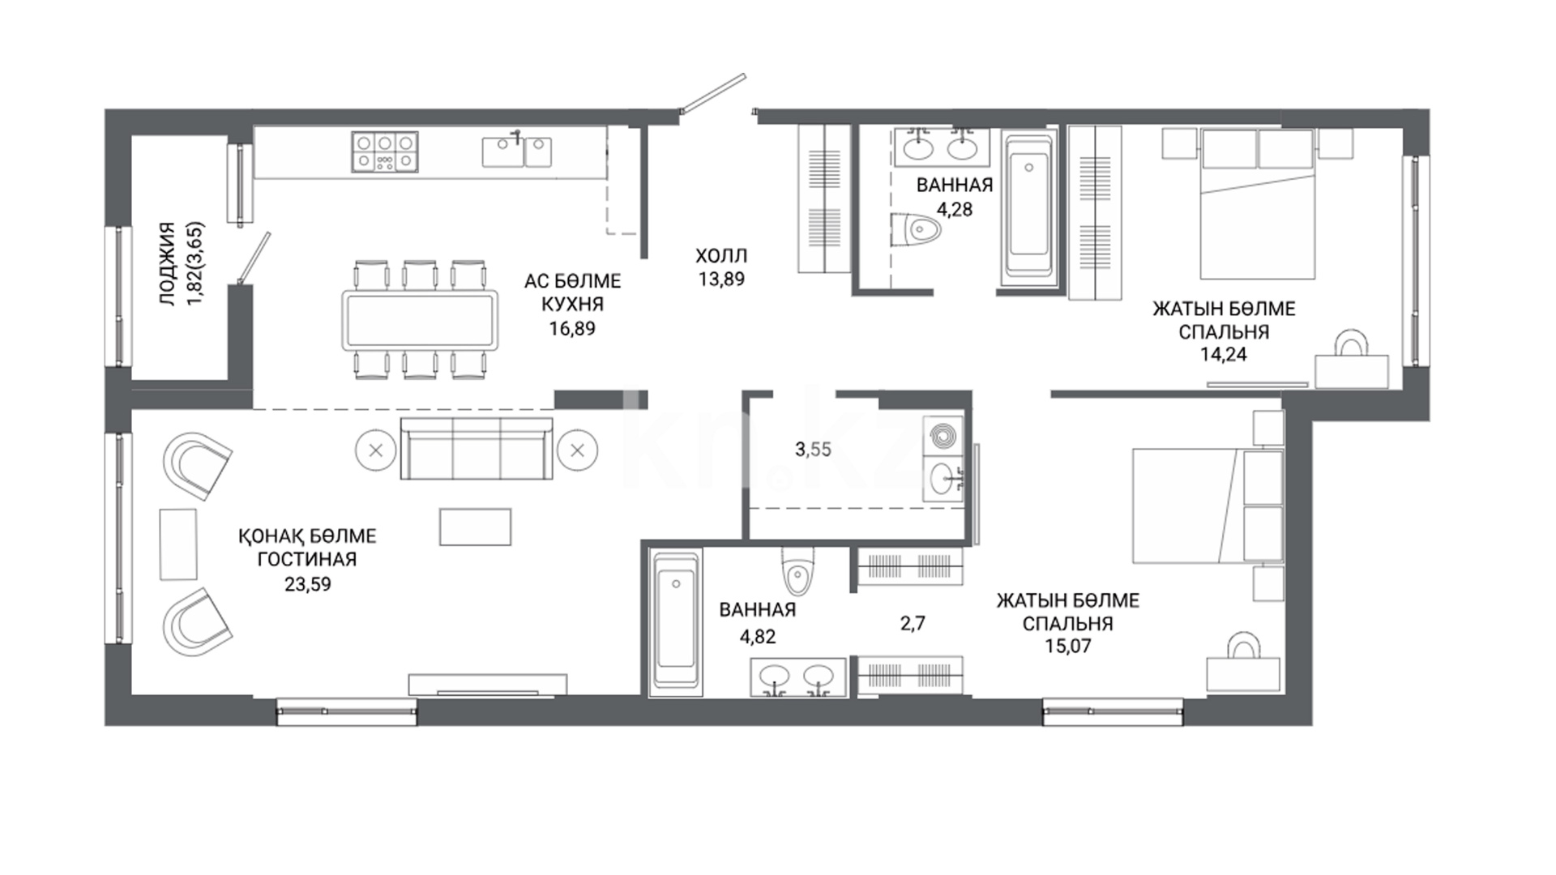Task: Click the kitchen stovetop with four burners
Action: tap(385, 152)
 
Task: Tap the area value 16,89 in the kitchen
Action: tap(572, 328)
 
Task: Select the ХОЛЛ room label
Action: tap(721, 256)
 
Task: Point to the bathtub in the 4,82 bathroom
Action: tap(674, 621)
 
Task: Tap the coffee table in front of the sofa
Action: tap(476, 527)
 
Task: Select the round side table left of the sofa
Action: tap(375, 450)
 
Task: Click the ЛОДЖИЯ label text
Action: tap(167, 264)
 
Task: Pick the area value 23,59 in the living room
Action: tap(308, 583)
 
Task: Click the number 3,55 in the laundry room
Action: tap(813, 449)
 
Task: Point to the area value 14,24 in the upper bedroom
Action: tap(1224, 354)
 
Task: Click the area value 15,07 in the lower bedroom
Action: tap(1068, 646)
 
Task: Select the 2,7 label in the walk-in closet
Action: tap(913, 623)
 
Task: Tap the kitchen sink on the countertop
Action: tap(516, 151)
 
